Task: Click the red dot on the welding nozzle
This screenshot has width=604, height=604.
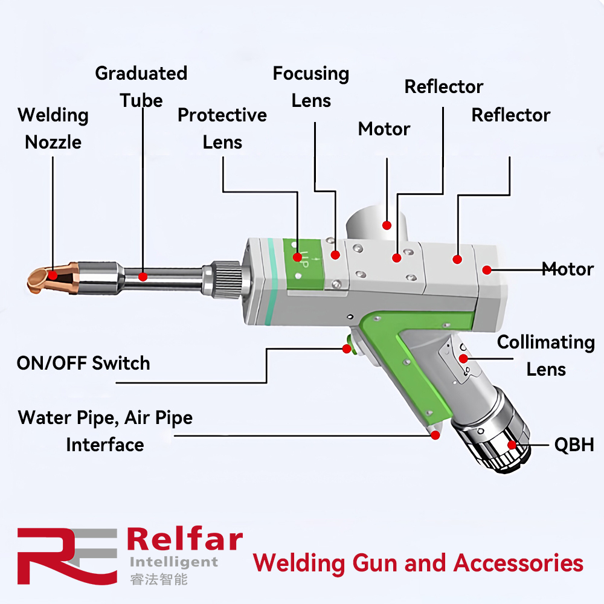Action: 53,275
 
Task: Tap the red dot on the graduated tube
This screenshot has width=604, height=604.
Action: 143,277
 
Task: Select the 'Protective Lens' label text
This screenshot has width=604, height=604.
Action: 222,129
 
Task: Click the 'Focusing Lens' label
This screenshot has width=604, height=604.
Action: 311,87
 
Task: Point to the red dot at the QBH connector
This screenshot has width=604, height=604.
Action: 512,445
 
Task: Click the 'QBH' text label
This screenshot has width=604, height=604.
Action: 574,445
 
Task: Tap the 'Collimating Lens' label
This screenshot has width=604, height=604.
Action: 546,356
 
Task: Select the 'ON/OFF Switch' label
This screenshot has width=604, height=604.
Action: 83,363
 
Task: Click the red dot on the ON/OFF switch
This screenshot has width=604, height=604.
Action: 347,349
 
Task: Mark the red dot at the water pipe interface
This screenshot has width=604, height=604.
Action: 435,435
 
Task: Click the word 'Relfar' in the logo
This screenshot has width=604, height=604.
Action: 185,539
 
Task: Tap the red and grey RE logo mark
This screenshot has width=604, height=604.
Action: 68,556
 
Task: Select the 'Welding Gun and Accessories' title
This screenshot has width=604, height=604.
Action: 418,563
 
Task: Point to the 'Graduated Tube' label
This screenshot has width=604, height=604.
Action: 141,87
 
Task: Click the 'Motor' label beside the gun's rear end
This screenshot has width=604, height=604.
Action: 568,269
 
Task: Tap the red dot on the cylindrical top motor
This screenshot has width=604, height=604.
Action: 387,225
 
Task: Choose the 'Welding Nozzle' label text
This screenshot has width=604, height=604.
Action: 53,129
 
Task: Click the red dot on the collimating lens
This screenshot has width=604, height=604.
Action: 463,359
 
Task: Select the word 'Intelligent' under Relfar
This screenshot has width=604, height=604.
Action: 174,563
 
